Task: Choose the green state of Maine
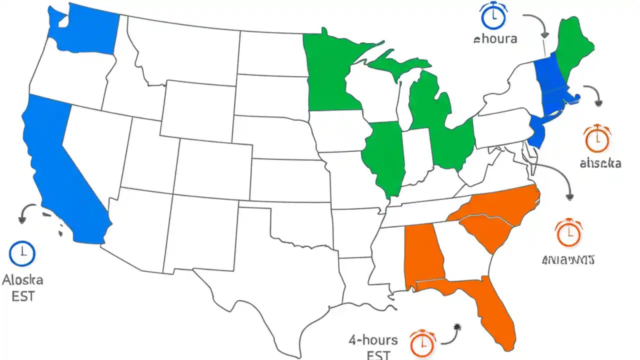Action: [572, 45]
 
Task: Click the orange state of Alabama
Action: [422, 255]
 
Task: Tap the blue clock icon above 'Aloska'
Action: [22, 253]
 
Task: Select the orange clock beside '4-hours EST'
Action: [422, 343]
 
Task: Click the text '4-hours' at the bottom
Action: [373, 340]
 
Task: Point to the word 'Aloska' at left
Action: [22, 279]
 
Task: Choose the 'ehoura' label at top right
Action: [495, 38]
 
